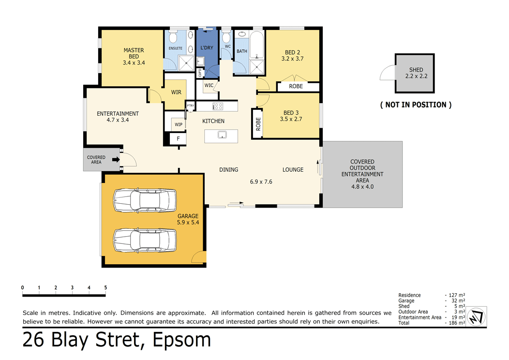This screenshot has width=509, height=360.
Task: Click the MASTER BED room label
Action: pos(134,53)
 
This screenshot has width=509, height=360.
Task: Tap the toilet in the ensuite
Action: pos(173,37)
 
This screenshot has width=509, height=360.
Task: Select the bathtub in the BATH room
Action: pos(257,45)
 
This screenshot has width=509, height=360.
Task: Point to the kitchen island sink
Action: pos(222,135)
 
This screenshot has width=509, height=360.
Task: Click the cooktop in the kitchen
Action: pos(218,106)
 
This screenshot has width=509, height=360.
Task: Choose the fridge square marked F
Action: pos(178,138)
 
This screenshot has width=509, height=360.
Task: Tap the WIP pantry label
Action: pos(179,124)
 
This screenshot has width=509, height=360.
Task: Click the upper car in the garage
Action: pos(145,200)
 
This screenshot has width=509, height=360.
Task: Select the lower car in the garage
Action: pos(145,240)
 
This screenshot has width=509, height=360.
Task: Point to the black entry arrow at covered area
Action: pos(116,159)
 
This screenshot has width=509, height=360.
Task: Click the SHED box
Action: pos(415,74)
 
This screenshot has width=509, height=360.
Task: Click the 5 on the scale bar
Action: pos(105,287)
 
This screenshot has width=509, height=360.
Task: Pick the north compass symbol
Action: pos(476,316)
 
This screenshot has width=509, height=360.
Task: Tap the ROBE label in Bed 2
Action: pos(296,86)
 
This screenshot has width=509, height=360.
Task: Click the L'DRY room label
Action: pos(207,48)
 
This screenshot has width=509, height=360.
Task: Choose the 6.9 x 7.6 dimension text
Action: pos(261,182)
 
